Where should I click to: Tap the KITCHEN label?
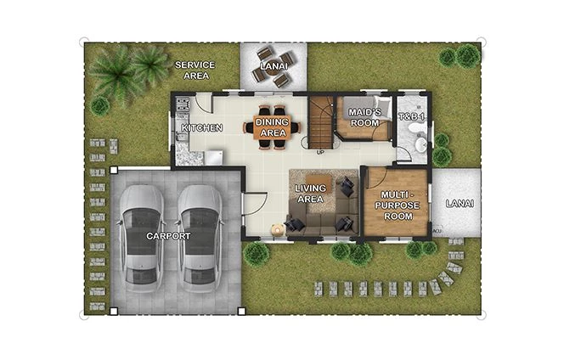[x=202, y=128]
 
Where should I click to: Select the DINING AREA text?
[x=273, y=127]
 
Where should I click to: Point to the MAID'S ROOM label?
[x=364, y=117]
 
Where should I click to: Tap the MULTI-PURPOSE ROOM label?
[x=397, y=205]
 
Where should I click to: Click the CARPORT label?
[x=169, y=236]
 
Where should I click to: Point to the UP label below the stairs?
[x=320, y=153]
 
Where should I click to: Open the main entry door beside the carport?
[x=254, y=204]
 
